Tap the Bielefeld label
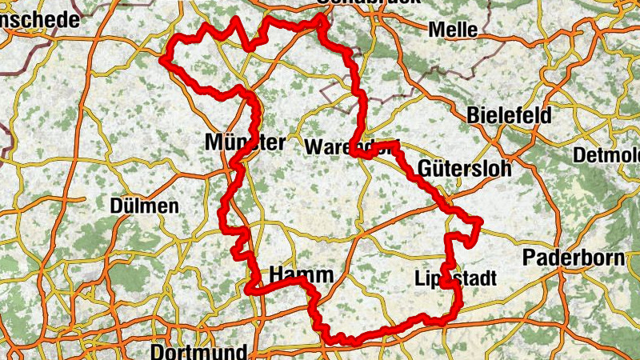(510, 115)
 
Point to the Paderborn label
(572, 258)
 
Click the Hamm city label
(301, 275)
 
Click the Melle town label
(453, 30)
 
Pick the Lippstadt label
(456, 278)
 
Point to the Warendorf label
(350, 147)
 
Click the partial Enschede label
(40, 18)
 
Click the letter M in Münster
(213, 143)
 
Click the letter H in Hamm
(278, 275)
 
